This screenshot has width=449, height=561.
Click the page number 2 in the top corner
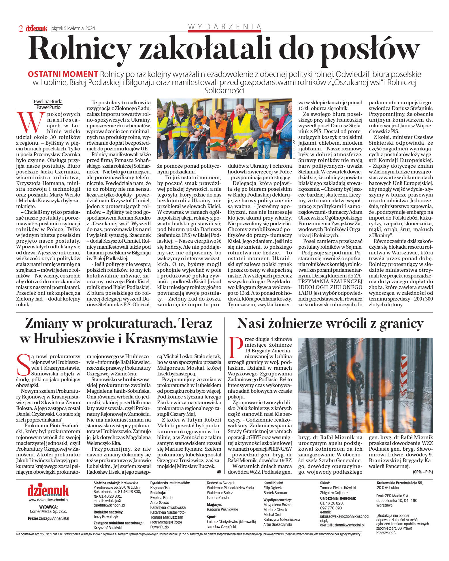[x=21, y=28]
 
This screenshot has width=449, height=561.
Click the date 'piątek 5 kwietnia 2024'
[x=73, y=28]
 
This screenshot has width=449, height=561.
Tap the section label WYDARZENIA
[x=224, y=27]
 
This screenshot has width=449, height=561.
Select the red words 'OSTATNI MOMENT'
[x=63, y=74]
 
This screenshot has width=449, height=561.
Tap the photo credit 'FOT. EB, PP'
[x=294, y=150]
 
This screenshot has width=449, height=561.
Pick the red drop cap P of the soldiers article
[x=235, y=347]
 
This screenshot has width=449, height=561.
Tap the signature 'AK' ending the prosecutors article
[x=219, y=472]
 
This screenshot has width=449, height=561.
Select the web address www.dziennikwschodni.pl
[x=48, y=500]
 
